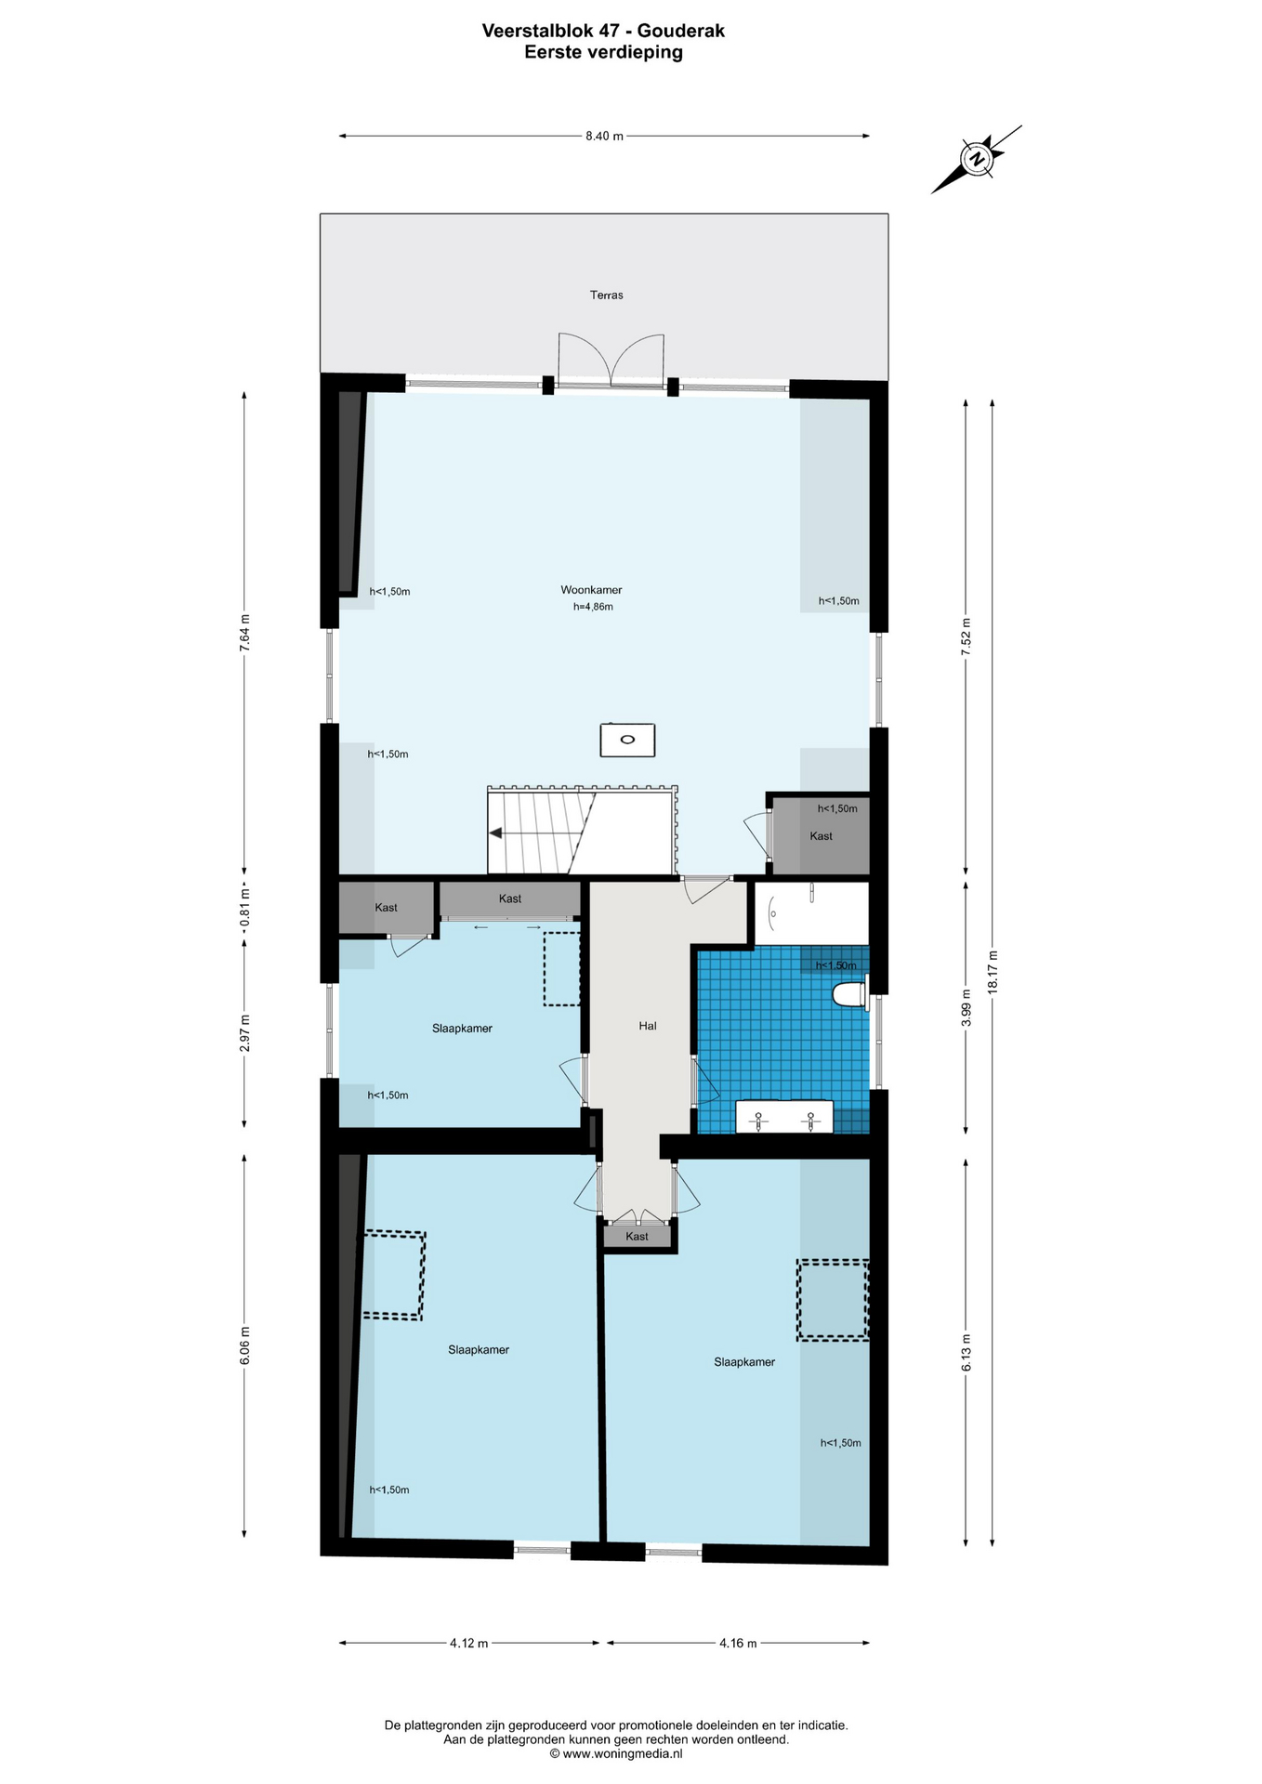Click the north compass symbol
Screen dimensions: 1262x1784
(x=977, y=159)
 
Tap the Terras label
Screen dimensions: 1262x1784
(x=606, y=295)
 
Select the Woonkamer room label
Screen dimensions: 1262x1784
(x=591, y=590)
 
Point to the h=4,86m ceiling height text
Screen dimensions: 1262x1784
(x=593, y=607)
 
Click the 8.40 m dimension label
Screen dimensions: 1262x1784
(x=604, y=136)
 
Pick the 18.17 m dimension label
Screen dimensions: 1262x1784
(x=993, y=973)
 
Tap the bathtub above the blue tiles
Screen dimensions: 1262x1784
(x=811, y=912)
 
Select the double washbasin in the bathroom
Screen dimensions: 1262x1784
(x=784, y=1117)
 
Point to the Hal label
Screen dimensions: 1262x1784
(x=648, y=1026)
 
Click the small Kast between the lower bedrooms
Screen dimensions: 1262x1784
(x=638, y=1236)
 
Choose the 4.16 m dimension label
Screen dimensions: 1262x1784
(x=738, y=1643)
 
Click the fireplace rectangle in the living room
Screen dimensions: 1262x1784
(x=627, y=740)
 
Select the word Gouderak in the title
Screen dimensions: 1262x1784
(x=681, y=31)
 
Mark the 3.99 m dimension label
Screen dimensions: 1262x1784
(x=966, y=1009)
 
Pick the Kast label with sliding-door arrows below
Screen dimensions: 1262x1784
(x=510, y=899)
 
